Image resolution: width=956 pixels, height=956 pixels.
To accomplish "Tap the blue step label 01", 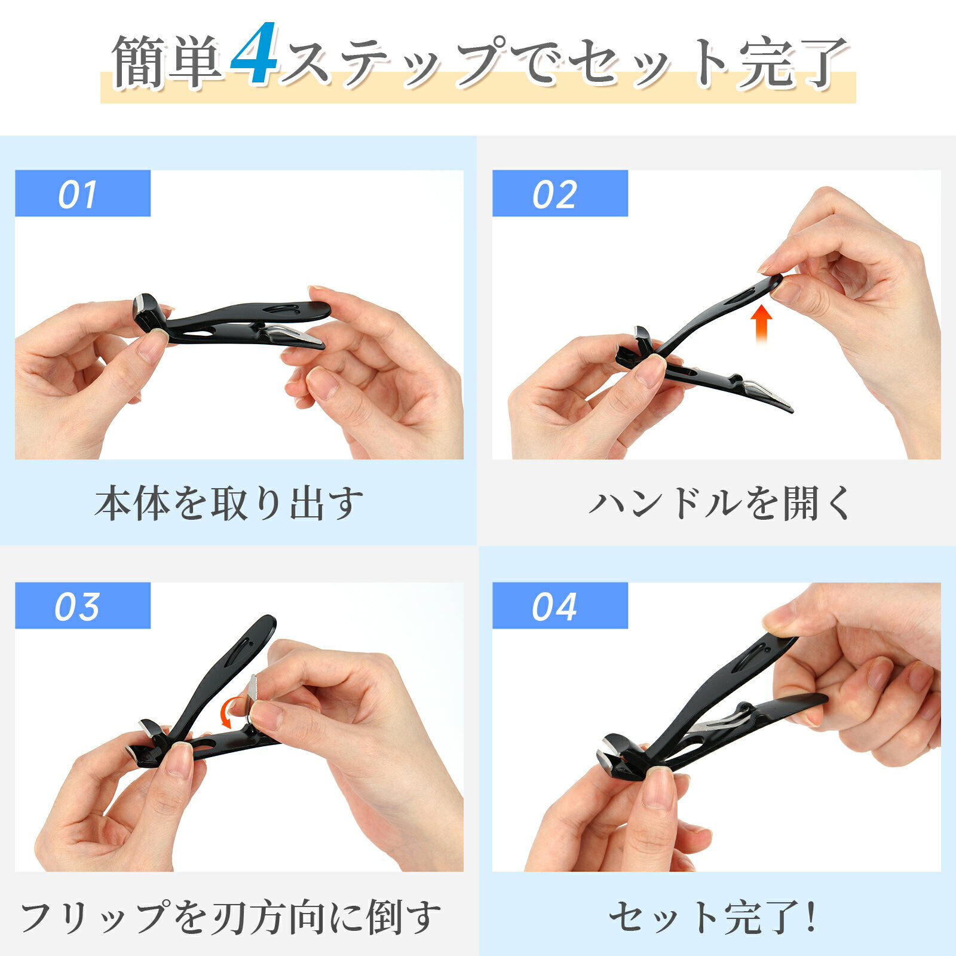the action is tap(82, 194).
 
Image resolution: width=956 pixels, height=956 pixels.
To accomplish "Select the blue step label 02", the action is tap(560, 194).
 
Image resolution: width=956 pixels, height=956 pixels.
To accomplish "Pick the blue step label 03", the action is tap(82, 606).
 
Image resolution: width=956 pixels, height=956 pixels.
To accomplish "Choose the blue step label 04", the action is tap(560, 606).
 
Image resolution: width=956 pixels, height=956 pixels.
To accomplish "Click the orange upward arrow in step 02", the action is tap(761, 323).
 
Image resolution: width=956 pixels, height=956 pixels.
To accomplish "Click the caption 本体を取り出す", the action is tap(229, 503).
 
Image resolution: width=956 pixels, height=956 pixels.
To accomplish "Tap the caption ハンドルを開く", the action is tap(720, 503).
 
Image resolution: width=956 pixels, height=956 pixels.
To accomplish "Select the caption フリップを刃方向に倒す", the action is tap(231, 917).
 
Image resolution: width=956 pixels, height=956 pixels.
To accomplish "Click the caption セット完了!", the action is tap(712, 917).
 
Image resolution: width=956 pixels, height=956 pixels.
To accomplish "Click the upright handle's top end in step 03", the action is tap(267, 621).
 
